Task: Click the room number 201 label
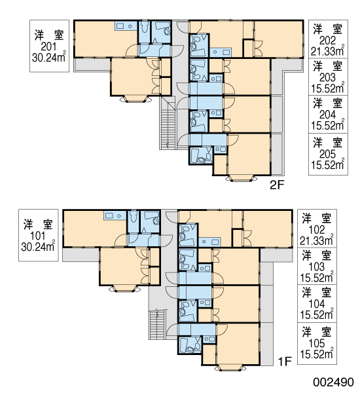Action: pyautogui.click(x=49, y=47)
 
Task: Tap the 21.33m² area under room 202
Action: pyautogui.click(x=327, y=51)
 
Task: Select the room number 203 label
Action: pyautogui.click(x=327, y=78)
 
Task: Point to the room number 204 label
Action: pyautogui.click(x=327, y=115)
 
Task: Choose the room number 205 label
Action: pyautogui.click(x=327, y=154)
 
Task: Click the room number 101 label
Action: pyautogui.click(x=37, y=236)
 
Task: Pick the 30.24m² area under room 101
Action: pyautogui.click(x=38, y=247)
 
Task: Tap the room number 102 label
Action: pyautogui.click(x=317, y=230)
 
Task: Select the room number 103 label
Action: pyautogui.click(x=317, y=267)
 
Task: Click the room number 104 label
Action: pyautogui.click(x=317, y=304)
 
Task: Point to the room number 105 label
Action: pyautogui.click(x=317, y=343)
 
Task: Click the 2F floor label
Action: pyautogui.click(x=277, y=185)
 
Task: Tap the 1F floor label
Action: pyautogui.click(x=285, y=362)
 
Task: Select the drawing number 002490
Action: pyautogui.click(x=333, y=383)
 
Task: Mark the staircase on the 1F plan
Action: pyautogui.click(x=156, y=324)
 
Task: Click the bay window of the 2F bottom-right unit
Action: pyautogui.click(x=241, y=178)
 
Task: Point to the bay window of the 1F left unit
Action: pyautogui.click(x=124, y=289)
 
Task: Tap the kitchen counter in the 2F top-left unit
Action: pyautogui.click(x=126, y=26)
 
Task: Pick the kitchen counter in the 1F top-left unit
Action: pyautogui.click(x=115, y=215)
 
